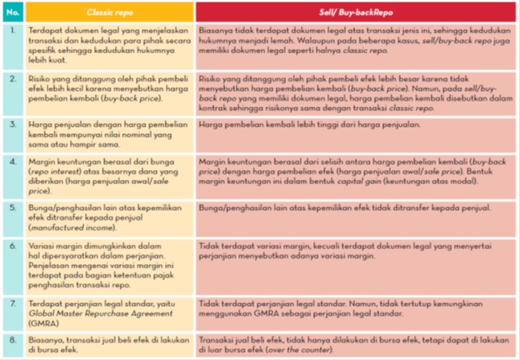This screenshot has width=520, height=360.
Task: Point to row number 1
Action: [x=13, y=30]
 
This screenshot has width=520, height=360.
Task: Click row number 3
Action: [x=13, y=124]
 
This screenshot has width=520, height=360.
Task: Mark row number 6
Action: [x=13, y=247]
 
